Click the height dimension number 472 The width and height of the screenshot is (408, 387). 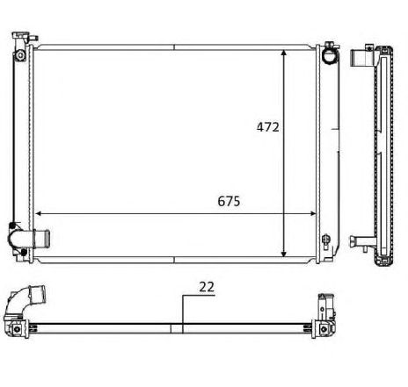(x=267, y=127)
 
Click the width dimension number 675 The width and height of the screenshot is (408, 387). (x=228, y=200)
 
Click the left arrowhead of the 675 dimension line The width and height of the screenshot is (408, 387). (x=40, y=211)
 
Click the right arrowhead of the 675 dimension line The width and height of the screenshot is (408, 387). (x=314, y=211)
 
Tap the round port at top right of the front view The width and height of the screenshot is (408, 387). (x=330, y=54)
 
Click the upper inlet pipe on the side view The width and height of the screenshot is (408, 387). (x=361, y=61)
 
